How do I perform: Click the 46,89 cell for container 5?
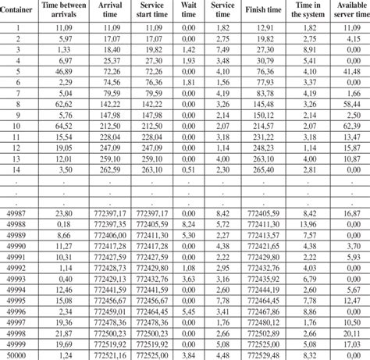pos(65,70)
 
